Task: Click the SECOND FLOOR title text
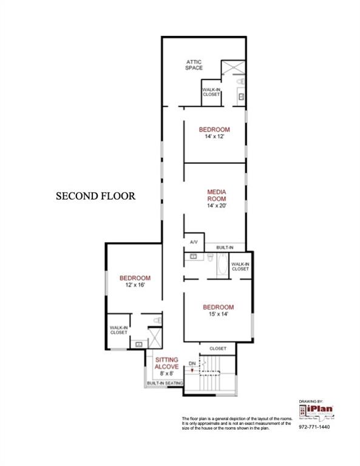coord(95,196)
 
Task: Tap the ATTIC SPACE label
coord(193,64)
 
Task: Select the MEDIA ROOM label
coord(217,195)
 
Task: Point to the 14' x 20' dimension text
coord(217,206)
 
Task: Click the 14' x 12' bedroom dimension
coord(214,137)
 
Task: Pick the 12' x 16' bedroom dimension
coord(134,285)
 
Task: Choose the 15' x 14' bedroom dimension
coord(218,314)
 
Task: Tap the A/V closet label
coord(194,242)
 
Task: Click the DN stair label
coord(192,363)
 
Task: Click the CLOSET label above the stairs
coord(217,348)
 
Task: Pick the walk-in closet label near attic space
coord(211,92)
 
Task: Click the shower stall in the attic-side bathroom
coord(233,67)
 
